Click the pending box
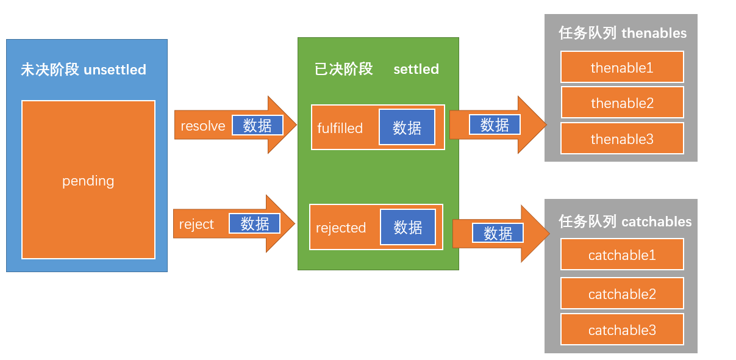pos(88,181)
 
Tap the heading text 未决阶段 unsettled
pos(84,70)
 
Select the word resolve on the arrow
pos(202,126)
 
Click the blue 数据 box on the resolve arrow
pos(257,126)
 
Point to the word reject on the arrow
pos(196,224)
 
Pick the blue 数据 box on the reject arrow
pos(254,223)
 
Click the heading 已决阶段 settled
pos(376,69)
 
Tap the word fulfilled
pos(340,128)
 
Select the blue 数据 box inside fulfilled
pos(407,128)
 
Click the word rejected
pos(340,228)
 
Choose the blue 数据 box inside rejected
pos(408,227)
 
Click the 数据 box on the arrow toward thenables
pos(495,125)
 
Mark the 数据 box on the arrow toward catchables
pos(498,233)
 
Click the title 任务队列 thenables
pos(622,33)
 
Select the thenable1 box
pos(622,67)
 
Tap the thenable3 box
pos(622,139)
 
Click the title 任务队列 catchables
pos(625,221)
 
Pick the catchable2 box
pos(622,294)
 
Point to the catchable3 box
pos(622,330)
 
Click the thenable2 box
pos(622,103)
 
